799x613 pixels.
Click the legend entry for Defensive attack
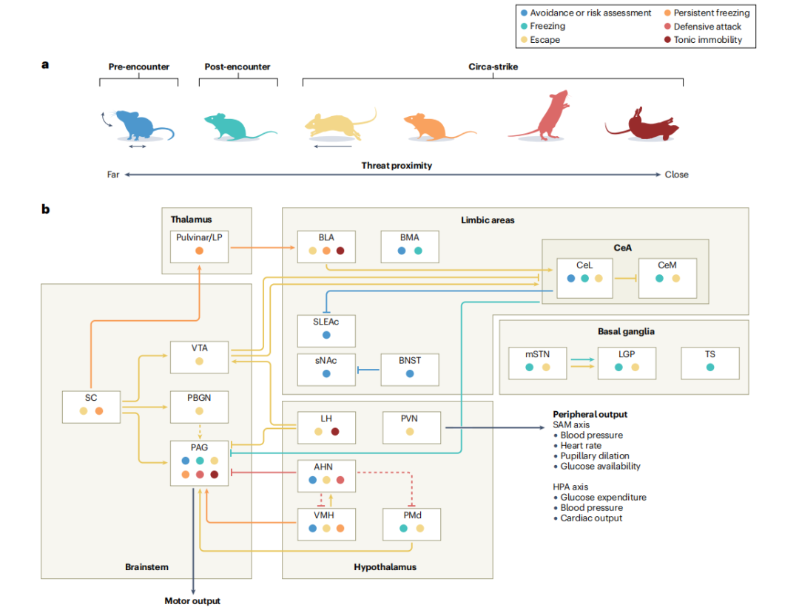pos(707,26)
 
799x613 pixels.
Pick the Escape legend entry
pos(545,39)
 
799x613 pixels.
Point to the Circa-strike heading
pos(493,67)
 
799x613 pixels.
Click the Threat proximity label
pos(397,166)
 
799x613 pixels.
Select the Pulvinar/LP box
pos(199,246)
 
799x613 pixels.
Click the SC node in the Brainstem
pos(91,404)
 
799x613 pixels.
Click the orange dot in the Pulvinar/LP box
pos(199,251)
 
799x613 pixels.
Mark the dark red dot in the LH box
pos(335,431)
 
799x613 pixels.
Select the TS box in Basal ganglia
pos(710,360)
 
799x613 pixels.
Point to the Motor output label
pos(192,601)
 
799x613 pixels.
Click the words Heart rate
pos(581,446)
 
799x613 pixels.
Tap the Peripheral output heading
pos(590,414)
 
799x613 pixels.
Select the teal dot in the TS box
pos(710,367)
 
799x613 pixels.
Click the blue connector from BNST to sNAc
pos(368,368)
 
